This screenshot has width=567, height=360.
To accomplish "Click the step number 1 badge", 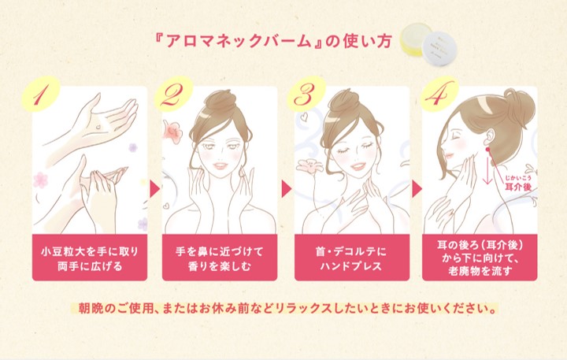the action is pyautogui.click(x=40, y=95).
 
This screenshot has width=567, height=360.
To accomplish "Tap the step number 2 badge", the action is pyautogui.click(x=173, y=94).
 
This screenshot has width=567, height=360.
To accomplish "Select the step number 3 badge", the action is pyautogui.click(x=306, y=94).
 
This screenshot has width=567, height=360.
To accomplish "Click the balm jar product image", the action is pyautogui.click(x=429, y=44).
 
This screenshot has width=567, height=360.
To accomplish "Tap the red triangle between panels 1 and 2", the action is pyautogui.click(x=155, y=188).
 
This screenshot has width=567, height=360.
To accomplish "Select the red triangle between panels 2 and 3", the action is pyautogui.click(x=287, y=188).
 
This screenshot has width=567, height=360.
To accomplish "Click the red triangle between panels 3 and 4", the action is pyautogui.click(x=417, y=188).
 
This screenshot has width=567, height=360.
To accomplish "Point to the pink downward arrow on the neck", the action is pyautogui.click(x=487, y=169).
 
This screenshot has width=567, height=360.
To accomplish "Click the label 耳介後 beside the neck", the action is pyautogui.click(x=518, y=187).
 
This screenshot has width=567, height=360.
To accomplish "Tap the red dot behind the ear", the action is pyautogui.click(x=487, y=149).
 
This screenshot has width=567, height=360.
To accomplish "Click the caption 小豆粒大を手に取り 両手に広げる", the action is pyautogui.click(x=90, y=258).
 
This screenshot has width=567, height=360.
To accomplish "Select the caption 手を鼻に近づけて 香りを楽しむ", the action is pyautogui.click(x=220, y=258).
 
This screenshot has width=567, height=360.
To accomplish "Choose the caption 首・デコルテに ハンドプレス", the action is pyautogui.click(x=351, y=258).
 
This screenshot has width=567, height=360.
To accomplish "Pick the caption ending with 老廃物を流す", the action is pyautogui.click(x=480, y=258).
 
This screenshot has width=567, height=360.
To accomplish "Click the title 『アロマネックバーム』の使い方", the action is pyautogui.click(x=273, y=41).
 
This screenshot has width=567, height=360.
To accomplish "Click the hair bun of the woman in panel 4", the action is pyautogui.click(x=521, y=105).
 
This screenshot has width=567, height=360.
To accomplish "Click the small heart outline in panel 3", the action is pyautogui.click(x=304, y=116).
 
